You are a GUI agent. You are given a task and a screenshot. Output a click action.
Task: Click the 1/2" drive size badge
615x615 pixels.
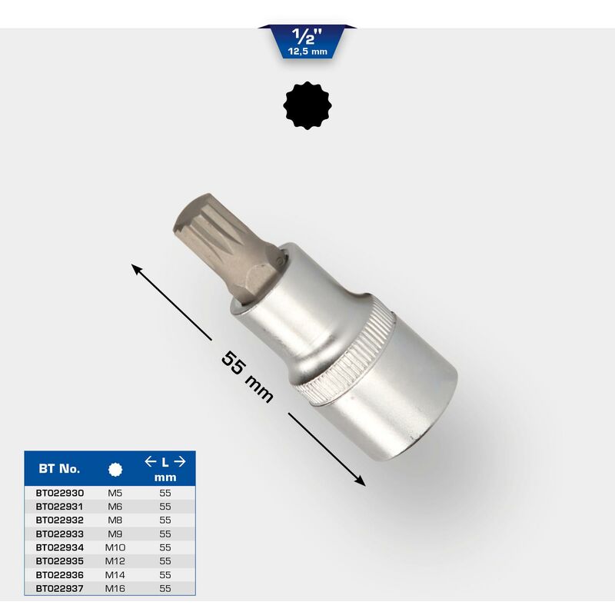coord(307,42)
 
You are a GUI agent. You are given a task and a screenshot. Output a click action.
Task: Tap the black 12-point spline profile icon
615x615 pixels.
coord(307,105)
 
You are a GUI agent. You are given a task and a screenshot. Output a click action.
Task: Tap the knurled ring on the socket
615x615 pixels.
coord(345,355)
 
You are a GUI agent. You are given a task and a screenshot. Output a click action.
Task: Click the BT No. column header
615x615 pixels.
coord(59,468)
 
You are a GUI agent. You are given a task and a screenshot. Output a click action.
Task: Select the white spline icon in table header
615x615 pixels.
coord(115,470)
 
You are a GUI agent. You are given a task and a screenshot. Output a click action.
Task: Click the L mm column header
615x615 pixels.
coord(165,469)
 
